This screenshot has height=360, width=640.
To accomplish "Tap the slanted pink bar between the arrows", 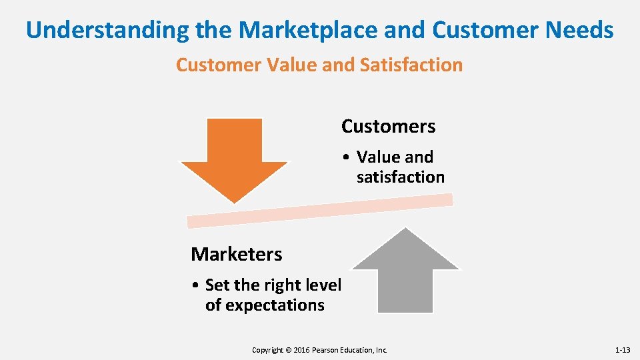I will [320, 210].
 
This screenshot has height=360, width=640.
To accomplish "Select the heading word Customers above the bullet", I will [388, 126].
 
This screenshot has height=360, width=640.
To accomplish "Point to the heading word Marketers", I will [236, 254].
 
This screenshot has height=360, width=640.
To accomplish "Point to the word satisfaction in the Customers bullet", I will [400, 177].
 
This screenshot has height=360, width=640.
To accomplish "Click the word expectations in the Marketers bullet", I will [265, 305].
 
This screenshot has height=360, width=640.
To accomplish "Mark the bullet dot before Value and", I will [347, 157].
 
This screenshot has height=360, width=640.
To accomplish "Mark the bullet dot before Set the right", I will [195, 285].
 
